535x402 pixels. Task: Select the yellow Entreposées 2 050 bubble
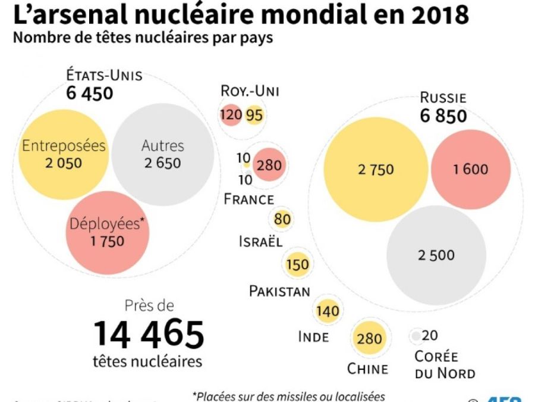(x=64, y=154)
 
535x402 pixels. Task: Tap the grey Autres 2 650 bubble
(x=163, y=154)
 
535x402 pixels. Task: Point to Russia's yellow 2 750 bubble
(x=376, y=169)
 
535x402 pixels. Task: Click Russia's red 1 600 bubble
(x=470, y=169)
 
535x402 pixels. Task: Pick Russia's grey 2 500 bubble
(x=436, y=255)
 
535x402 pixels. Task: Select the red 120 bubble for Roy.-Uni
(x=231, y=115)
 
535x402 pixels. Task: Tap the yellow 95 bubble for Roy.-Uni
(x=254, y=116)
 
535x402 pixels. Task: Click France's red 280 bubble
(x=269, y=165)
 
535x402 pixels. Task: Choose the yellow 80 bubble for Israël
(x=282, y=220)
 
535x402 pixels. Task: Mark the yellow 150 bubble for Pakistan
(x=297, y=264)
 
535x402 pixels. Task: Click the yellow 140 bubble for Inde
(x=328, y=310)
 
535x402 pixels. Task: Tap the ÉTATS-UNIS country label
(x=104, y=76)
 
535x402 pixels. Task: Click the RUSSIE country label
(x=443, y=98)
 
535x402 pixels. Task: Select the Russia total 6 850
(x=443, y=116)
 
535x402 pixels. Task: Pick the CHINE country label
(x=367, y=369)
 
